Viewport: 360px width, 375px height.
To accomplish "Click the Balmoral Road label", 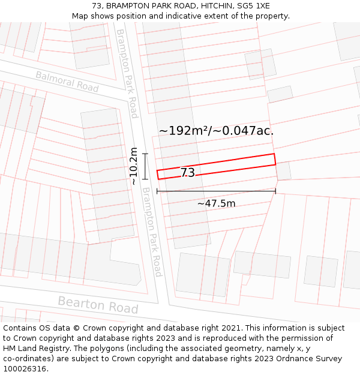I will pos(67,82).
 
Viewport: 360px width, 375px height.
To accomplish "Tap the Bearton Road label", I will pos(98,305).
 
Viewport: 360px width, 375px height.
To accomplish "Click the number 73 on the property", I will pos(187,173).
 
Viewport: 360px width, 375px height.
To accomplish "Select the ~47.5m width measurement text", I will pos(216,203).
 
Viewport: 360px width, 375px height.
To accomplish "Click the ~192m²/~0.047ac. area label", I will pos(216,130).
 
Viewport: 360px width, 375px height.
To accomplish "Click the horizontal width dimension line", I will pos(216,191).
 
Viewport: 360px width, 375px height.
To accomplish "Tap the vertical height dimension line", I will pos(145,166).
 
